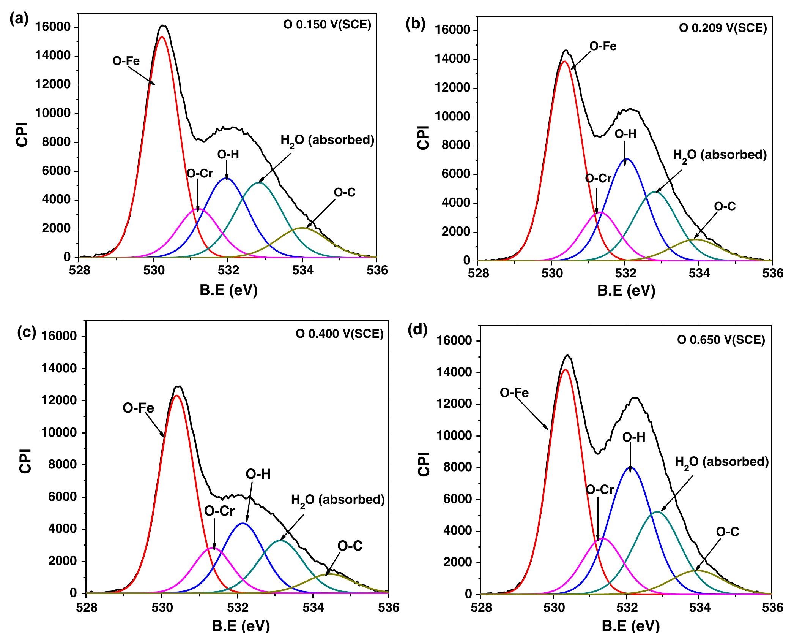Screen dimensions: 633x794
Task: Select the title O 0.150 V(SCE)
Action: [x=327, y=25]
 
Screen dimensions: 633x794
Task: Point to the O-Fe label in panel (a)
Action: [x=126, y=61]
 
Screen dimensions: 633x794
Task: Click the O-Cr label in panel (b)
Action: [x=598, y=179]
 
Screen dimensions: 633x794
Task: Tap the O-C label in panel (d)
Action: [x=728, y=532]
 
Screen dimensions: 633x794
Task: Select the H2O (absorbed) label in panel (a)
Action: [x=327, y=140]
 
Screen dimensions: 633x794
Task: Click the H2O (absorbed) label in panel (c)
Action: [x=338, y=500]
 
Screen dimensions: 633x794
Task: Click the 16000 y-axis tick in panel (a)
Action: [x=52, y=27]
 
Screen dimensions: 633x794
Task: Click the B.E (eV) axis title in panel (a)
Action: [x=228, y=291]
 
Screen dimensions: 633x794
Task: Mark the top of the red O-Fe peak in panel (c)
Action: [x=176, y=396]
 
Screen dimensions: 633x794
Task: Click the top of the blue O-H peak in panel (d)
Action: [x=631, y=467]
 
